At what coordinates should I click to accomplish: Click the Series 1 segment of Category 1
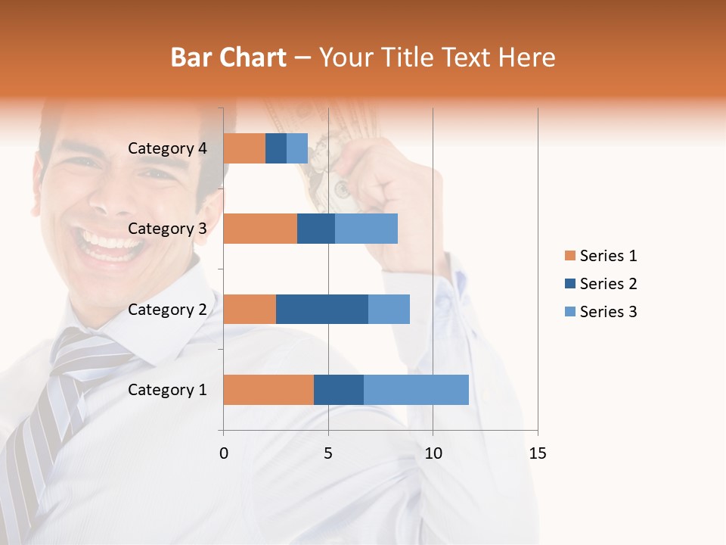tap(268, 390)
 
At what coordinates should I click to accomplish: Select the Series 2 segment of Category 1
tap(339, 390)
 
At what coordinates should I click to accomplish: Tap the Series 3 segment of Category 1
tap(416, 390)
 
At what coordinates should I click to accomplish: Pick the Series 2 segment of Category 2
tap(322, 309)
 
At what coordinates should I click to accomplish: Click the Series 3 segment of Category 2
tap(389, 309)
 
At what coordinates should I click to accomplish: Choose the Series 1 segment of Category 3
tap(260, 229)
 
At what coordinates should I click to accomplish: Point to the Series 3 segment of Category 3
tap(366, 229)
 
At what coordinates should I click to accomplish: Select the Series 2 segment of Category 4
tap(276, 148)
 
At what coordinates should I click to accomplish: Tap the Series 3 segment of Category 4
tap(297, 148)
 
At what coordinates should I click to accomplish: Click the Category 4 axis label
tap(167, 148)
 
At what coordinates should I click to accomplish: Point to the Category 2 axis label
tap(167, 309)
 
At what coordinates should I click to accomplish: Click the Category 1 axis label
tap(167, 390)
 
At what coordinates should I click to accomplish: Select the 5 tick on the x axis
tap(328, 453)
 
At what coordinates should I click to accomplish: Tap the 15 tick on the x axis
tap(537, 453)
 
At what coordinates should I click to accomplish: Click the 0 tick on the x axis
tap(224, 453)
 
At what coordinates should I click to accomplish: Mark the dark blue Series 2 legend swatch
tap(569, 284)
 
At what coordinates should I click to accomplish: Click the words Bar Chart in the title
tap(228, 58)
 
